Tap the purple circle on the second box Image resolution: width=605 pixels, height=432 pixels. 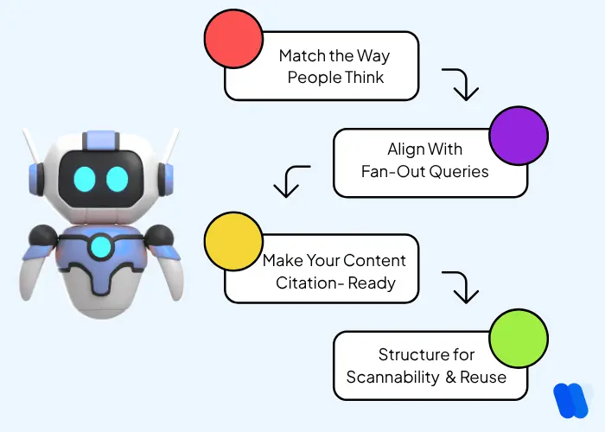coord(519,141)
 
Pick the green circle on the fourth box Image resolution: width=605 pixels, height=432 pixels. coord(519,342)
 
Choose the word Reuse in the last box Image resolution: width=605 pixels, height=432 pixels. coord(483,378)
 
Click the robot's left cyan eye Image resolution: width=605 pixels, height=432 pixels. coord(84,179)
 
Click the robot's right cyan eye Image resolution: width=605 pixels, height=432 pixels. coord(118,179)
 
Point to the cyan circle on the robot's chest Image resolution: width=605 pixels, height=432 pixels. coord(101,246)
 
